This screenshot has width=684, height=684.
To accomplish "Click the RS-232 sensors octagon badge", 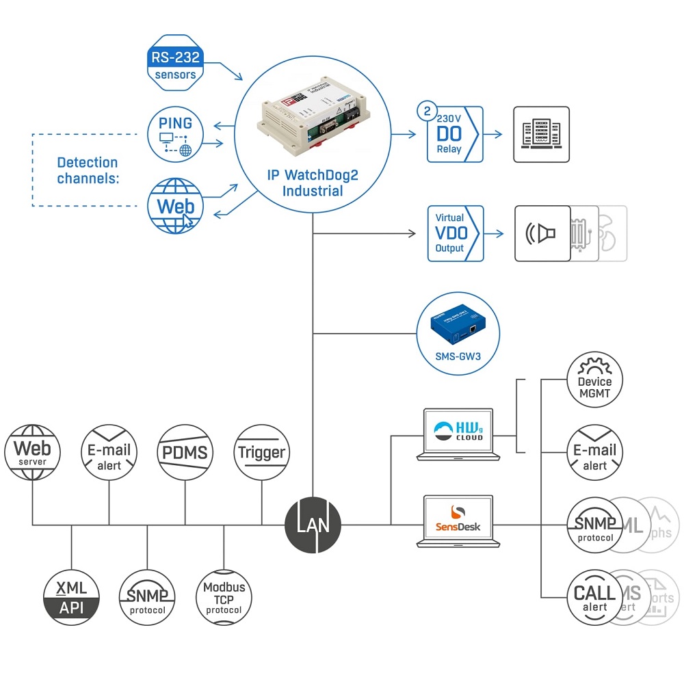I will (x=176, y=64).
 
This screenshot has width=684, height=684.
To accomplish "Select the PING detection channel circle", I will (x=176, y=134).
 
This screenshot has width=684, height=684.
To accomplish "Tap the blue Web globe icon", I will (x=176, y=207).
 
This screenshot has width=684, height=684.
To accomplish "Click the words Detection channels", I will (x=88, y=170).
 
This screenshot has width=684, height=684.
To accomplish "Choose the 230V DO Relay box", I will (x=455, y=134).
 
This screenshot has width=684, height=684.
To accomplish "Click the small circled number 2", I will (x=428, y=110).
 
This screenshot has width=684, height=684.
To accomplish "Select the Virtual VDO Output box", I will (x=455, y=233).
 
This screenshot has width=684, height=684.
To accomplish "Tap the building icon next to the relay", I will (x=541, y=134).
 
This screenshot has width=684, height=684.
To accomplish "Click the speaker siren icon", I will (x=542, y=233).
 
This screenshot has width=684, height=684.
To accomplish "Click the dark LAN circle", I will (x=313, y=525).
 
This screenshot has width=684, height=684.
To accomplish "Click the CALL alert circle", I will (x=595, y=596).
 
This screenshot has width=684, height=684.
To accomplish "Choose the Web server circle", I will (x=33, y=452).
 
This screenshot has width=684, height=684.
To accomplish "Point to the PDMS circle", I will (x=185, y=452).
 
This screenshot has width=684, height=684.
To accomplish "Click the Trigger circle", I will (x=262, y=452).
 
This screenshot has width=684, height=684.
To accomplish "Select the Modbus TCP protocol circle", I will (x=224, y=597).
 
